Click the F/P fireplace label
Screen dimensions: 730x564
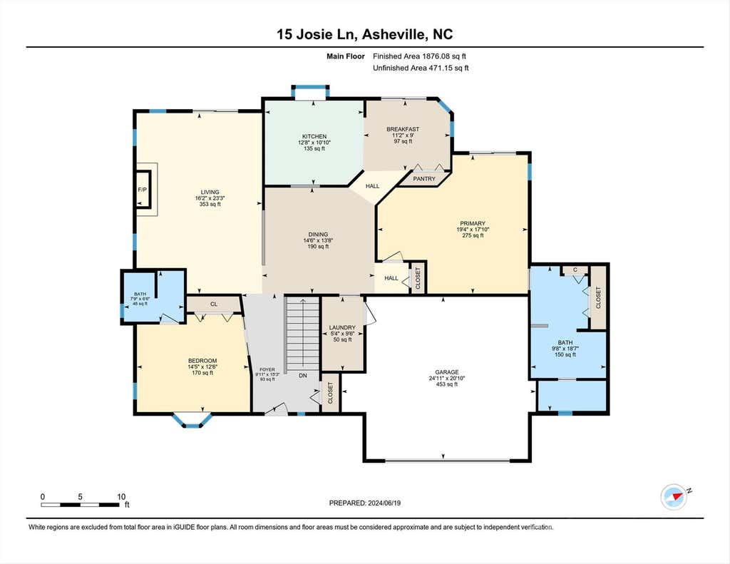point(142,190)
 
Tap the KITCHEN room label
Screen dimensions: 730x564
point(314,136)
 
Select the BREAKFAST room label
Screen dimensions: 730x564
point(403,129)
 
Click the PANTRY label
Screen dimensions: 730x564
point(424,179)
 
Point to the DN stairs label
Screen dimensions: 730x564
point(302,375)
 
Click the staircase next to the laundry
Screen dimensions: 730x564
point(302,334)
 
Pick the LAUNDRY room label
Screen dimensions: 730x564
point(342,327)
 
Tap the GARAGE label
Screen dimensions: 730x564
point(447,372)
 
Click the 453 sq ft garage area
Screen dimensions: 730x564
point(447,384)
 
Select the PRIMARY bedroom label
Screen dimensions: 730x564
point(473,224)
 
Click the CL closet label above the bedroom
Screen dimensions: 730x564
point(214,304)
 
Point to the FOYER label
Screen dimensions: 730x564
point(267,369)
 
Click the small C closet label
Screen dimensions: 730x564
point(575,270)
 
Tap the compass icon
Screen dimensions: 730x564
point(674,497)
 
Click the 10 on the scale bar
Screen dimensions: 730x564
point(121,497)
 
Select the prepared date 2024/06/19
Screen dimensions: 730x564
point(384,503)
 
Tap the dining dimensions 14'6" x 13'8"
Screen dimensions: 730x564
point(318,241)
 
